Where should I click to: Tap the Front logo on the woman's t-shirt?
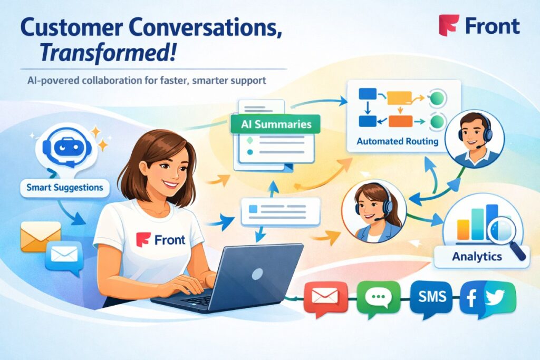[160, 239]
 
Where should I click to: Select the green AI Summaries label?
[276, 124]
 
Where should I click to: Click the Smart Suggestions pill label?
[65, 188]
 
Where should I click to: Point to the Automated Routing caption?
[398, 141]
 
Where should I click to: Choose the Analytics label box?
[477, 256]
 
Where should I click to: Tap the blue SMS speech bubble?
[432, 298]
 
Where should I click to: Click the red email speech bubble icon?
[325, 298]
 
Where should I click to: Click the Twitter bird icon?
[495, 297]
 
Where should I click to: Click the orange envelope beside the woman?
[41, 236]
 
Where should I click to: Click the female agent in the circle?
[374, 211]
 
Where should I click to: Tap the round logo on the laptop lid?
[257, 274]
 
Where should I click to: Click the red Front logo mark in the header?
[448, 25]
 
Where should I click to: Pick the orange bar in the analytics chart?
[463, 229]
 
